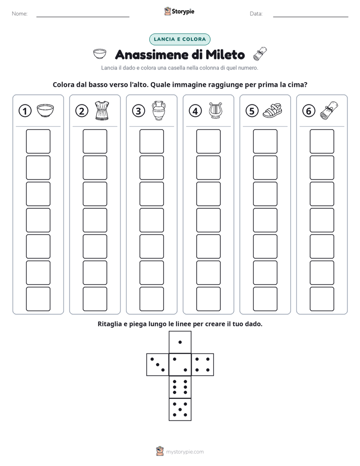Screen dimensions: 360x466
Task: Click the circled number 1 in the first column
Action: coord(25,111)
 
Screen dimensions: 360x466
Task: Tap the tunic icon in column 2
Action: coord(102,110)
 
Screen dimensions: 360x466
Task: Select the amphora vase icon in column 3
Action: coord(159,110)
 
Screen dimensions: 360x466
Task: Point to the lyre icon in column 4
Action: coord(215,110)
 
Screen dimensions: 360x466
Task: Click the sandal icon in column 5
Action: coord(272,110)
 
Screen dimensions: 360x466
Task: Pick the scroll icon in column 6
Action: coord(329,110)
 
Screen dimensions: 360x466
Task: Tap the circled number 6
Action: coord(309,111)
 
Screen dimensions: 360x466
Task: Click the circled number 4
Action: coord(195,111)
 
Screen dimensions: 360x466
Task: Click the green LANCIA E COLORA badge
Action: coord(179,39)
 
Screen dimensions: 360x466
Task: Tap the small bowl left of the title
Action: coord(99,54)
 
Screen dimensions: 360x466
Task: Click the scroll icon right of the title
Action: coord(260,53)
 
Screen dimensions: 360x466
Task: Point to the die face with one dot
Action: coord(180,342)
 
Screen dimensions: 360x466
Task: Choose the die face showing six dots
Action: coord(180,387)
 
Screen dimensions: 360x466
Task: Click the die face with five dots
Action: coord(180,410)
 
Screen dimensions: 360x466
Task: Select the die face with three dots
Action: coord(158,365)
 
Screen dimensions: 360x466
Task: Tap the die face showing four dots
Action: coord(203,365)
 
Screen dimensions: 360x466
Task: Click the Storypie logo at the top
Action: coord(179,11)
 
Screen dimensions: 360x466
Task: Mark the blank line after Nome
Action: coord(83,17)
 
